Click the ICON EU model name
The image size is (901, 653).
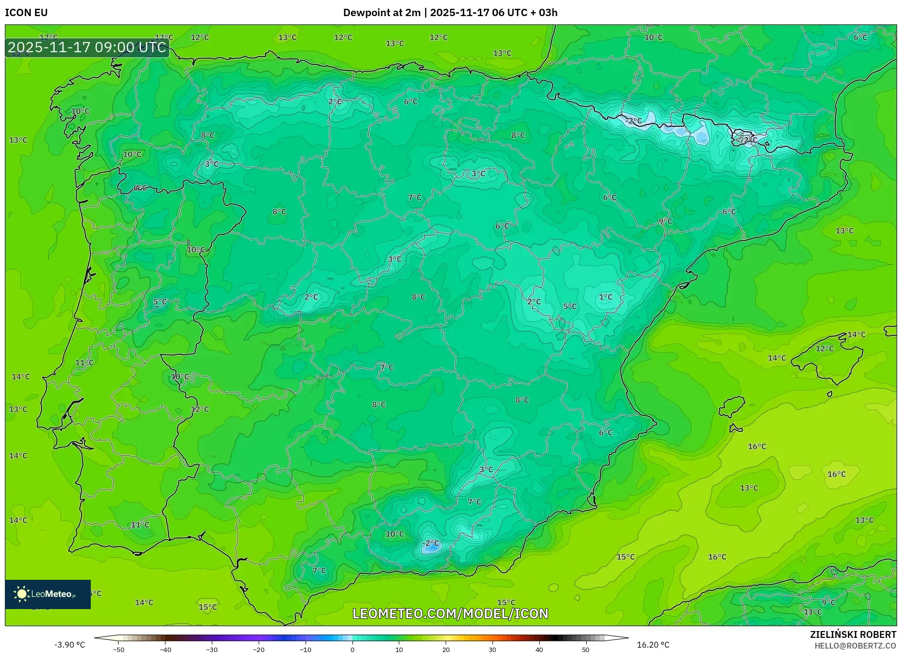pos(26,13)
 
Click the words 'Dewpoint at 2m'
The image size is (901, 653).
pos(381,13)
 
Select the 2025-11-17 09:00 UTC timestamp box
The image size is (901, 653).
pos(87,47)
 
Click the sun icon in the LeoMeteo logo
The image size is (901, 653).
pos(21,593)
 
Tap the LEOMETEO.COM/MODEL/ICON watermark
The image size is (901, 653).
pos(450,613)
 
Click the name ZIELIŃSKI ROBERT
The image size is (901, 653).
pos(853,634)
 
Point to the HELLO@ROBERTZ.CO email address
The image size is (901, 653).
pos(855,646)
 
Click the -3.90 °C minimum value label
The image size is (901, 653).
pos(69,645)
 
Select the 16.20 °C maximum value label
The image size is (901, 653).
pos(653,645)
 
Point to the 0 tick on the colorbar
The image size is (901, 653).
pos(352,650)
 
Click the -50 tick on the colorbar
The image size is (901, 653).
pos(119,650)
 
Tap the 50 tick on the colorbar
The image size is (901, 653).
pos(586,650)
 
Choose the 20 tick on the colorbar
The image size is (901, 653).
pos(446,650)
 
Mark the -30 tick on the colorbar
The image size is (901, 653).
pos(212,650)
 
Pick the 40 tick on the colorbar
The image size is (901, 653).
pos(539,650)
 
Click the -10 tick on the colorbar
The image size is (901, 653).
pos(306,650)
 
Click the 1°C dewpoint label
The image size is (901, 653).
pos(605,297)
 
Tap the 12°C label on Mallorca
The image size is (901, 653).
pos(824,348)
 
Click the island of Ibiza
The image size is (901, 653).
pos(732,406)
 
